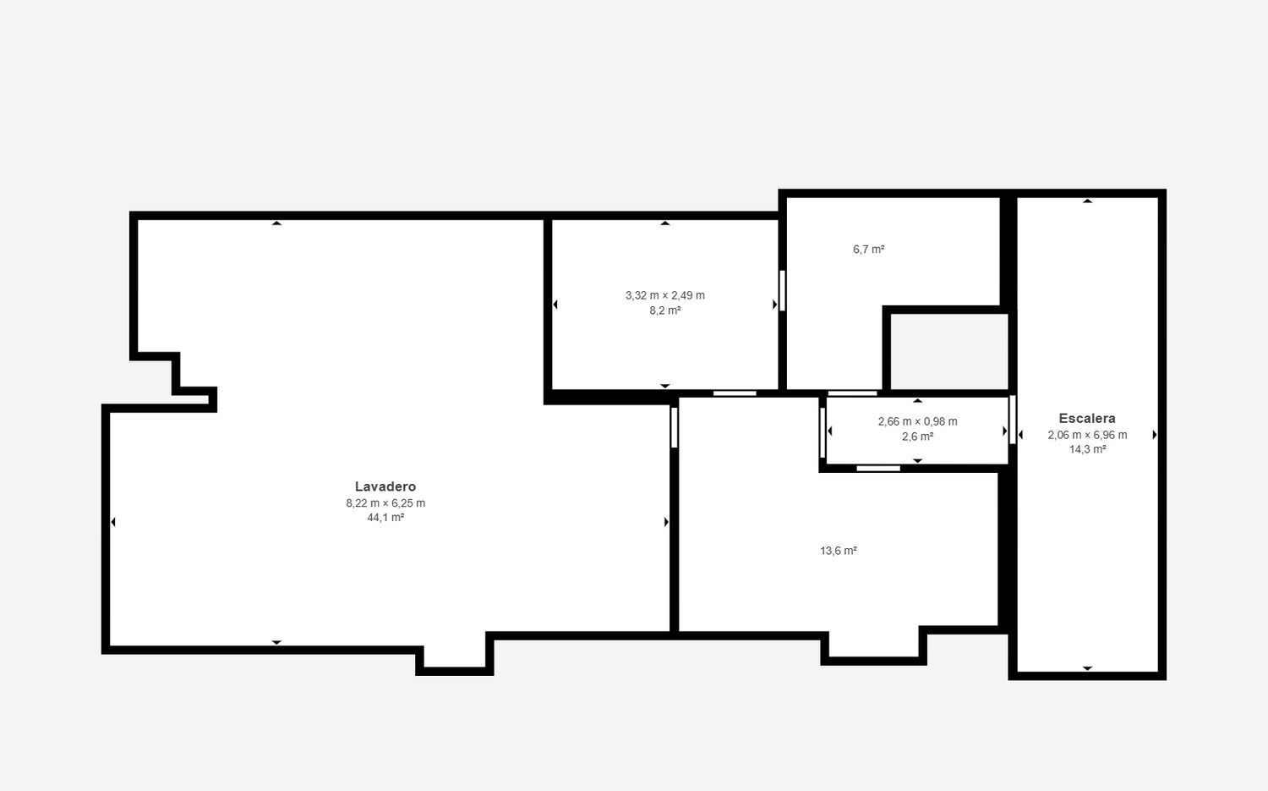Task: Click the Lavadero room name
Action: click(x=385, y=486)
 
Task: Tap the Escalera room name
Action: click(x=1087, y=418)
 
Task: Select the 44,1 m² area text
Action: click(x=385, y=518)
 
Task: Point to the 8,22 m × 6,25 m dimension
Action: click(x=385, y=503)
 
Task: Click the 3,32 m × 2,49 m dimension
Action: click(x=665, y=295)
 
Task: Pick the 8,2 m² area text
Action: click(x=665, y=310)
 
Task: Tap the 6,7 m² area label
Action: click(x=868, y=250)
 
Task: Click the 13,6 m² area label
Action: click(x=839, y=551)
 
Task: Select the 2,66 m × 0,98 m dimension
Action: click(x=917, y=421)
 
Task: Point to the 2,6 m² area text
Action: click(x=917, y=437)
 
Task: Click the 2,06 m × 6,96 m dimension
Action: click(x=1087, y=435)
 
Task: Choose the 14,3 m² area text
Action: click(x=1087, y=449)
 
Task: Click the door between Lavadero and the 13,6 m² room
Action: click(x=675, y=427)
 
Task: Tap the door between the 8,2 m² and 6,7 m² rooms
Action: click(x=782, y=291)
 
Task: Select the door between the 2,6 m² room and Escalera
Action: click(x=1012, y=420)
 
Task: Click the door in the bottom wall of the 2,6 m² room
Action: click(x=878, y=469)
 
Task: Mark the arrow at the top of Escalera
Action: click(x=1087, y=200)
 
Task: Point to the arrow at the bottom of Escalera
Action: click(x=1087, y=668)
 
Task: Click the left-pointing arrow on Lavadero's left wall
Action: click(x=113, y=522)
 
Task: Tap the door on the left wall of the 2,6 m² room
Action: click(x=823, y=433)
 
